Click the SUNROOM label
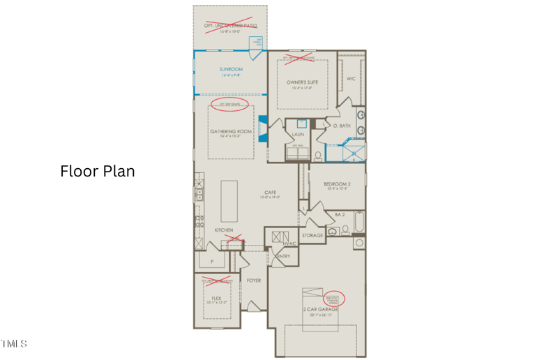coord(230,70)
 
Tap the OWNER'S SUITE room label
coord(302,82)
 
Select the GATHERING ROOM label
coord(230,131)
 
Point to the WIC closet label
coord(351,79)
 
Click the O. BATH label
coord(341,126)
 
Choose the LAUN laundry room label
coord(298,134)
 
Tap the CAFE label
coord(271,193)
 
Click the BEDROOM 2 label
coord(337,184)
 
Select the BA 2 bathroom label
coord(340,215)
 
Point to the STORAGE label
coord(312,235)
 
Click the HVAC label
coord(289,243)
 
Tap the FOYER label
coord(254,280)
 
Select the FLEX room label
coord(216,298)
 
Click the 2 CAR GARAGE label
coord(320,309)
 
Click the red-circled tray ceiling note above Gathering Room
coord(230,105)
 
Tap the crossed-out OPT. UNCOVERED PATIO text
coord(230,25)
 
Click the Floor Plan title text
coord(98,171)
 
